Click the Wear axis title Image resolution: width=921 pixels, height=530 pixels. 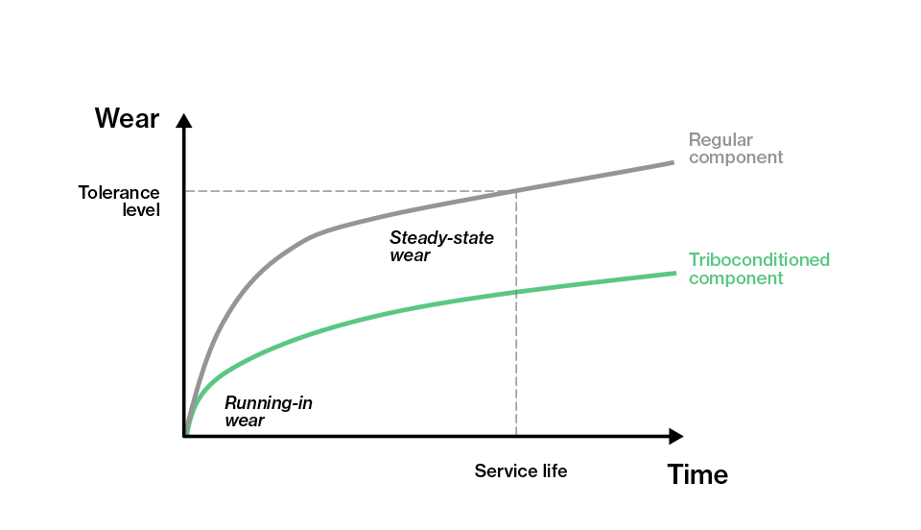point(127,119)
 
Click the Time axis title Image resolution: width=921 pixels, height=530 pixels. point(697,474)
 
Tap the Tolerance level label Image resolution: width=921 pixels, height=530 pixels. point(119,201)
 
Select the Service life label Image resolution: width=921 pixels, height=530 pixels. point(521,471)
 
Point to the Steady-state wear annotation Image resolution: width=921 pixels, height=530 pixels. point(441,246)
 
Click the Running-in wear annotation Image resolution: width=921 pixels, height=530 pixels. point(269,411)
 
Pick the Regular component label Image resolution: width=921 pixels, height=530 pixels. point(736,148)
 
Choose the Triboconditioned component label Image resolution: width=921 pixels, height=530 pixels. point(760,269)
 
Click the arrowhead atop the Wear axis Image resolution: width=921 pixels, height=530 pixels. point(184,120)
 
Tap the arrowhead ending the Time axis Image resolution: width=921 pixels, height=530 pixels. point(676,436)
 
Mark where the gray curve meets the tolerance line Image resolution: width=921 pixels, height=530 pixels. point(516,191)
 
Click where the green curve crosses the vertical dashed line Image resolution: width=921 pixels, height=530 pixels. point(516,292)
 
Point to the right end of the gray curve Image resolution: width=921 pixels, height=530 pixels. point(673,162)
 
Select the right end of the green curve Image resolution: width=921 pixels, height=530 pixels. point(675,274)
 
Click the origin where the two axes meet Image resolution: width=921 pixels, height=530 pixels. point(184,436)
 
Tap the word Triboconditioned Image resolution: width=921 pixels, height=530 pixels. point(760,259)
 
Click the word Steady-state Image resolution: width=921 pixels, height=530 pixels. point(441,238)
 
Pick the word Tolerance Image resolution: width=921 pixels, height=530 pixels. point(119,193)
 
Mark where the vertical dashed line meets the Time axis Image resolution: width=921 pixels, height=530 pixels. point(516,436)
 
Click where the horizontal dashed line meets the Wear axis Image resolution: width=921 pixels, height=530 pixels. point(184,191)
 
